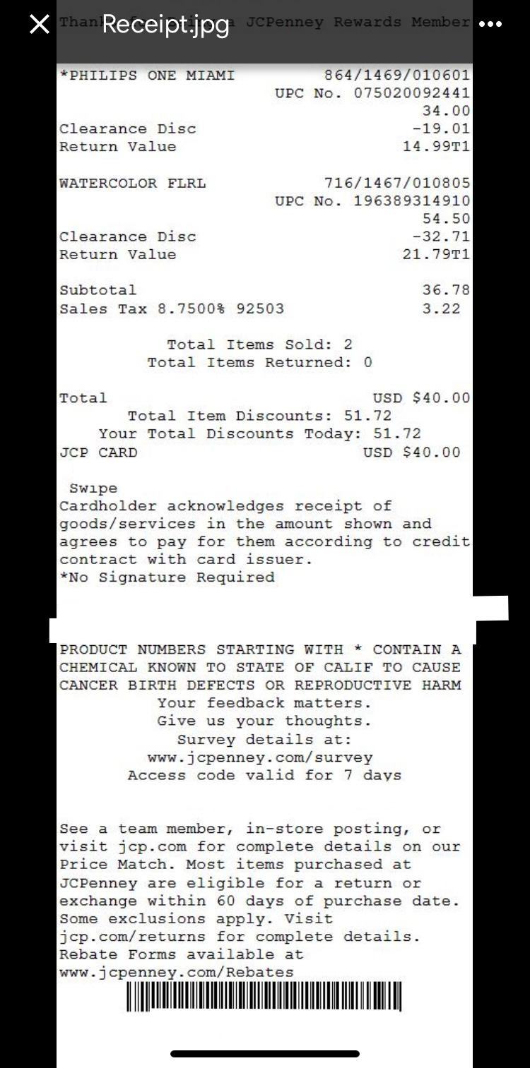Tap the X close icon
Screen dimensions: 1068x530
tap(40, 25)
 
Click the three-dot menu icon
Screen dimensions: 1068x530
tap(490, 25)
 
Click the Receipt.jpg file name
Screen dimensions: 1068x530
tap(165, 25)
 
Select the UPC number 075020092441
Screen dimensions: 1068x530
tap(411, 93)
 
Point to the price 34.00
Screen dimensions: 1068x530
tap(446, 111)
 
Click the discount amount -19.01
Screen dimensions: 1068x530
tap(441, 128)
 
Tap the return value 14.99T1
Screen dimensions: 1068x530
tap(436, 147)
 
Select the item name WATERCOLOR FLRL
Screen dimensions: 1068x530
tap(133, 184)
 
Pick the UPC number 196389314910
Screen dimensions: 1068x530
tap(411, 201)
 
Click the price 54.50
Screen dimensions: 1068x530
tap(446, 219)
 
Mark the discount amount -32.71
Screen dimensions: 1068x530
tap(441, 236)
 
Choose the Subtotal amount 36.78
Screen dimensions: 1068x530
tap(446, 290)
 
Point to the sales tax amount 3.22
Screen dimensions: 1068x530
tap(441, 308)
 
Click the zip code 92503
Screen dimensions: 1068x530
tap(260, 308)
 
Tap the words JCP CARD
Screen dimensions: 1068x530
tap(98, 452)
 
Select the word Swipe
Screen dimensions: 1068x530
tap(93, 488)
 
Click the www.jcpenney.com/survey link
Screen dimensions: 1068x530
tap(260, 757)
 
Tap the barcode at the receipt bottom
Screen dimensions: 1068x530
tap(264, 997)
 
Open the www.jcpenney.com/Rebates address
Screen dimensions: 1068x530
tap(176, 972)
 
